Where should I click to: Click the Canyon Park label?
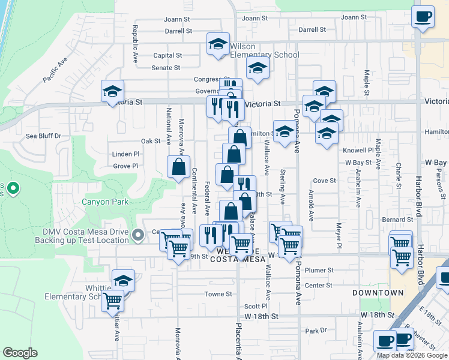click(105, 202)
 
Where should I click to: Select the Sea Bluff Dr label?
click(44, 136)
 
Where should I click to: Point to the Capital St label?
click(167, 55)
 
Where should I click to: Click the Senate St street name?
click(166, 68)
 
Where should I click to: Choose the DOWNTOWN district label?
click(378, 293)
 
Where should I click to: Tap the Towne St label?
click(218, 294)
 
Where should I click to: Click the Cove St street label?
click(324, 180)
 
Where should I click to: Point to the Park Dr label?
click(315, 331)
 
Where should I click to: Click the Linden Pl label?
click(125, 154)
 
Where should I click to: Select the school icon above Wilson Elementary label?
click(218, 43)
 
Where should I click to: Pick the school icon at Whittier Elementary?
click(123, 280)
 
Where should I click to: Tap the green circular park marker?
click(13, 190)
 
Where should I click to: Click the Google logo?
click(20, 353)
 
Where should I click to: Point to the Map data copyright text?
click(412, 355)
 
